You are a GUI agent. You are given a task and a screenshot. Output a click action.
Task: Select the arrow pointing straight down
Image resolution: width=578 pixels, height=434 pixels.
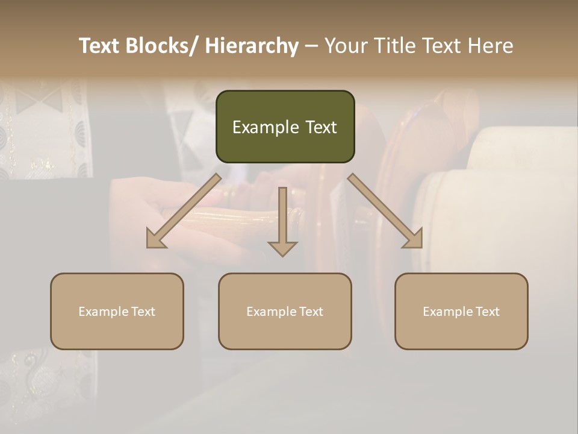tap(282, 220)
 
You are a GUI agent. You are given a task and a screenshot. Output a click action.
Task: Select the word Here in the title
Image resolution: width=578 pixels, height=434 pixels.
tap(489, 46)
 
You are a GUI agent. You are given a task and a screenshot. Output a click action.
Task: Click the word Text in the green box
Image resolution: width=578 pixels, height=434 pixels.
tap(320, 127)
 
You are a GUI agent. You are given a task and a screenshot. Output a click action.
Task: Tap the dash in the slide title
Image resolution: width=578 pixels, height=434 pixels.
tap(311, 46)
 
